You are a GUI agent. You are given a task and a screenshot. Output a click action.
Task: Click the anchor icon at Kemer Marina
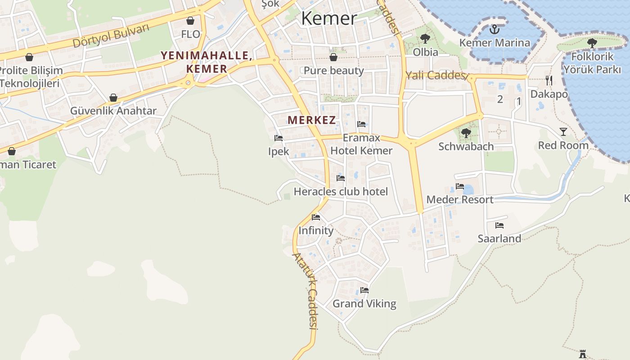tap(495, 30)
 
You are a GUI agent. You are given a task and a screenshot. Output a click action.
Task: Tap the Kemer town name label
tap(329, 18)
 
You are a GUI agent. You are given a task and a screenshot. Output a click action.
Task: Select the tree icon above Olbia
tap(425, 39)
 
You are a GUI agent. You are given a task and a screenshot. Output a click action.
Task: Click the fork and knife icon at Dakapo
tap(549, 81)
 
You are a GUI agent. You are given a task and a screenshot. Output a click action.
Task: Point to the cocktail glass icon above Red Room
tap(563, 131)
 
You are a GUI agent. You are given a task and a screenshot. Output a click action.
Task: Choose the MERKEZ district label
tap(312, 120)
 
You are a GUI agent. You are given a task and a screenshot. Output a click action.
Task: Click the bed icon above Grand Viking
tap(364, 290)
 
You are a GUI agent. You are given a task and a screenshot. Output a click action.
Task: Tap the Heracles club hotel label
tap(341, 192)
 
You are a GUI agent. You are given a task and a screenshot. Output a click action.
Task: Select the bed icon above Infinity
tap(316, 217)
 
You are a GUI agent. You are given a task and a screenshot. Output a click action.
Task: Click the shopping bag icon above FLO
tap(190, 21)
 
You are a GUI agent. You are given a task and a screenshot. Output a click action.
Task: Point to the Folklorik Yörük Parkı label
tap(592, 63)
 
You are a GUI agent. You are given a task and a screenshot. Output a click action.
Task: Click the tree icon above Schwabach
tap(466, 133)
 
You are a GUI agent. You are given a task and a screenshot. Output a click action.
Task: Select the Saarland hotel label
tap(499, 238)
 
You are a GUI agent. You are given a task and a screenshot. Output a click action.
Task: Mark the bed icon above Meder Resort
tap(459, 186)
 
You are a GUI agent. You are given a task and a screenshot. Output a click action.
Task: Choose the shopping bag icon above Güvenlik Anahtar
tap(113, 98)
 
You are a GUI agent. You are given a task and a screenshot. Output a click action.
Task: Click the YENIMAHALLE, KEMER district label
tap(206, 62)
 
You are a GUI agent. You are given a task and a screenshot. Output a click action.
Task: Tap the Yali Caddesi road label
tap(436, 75)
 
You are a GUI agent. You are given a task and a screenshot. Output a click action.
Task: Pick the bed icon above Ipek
tap(279, 138)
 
